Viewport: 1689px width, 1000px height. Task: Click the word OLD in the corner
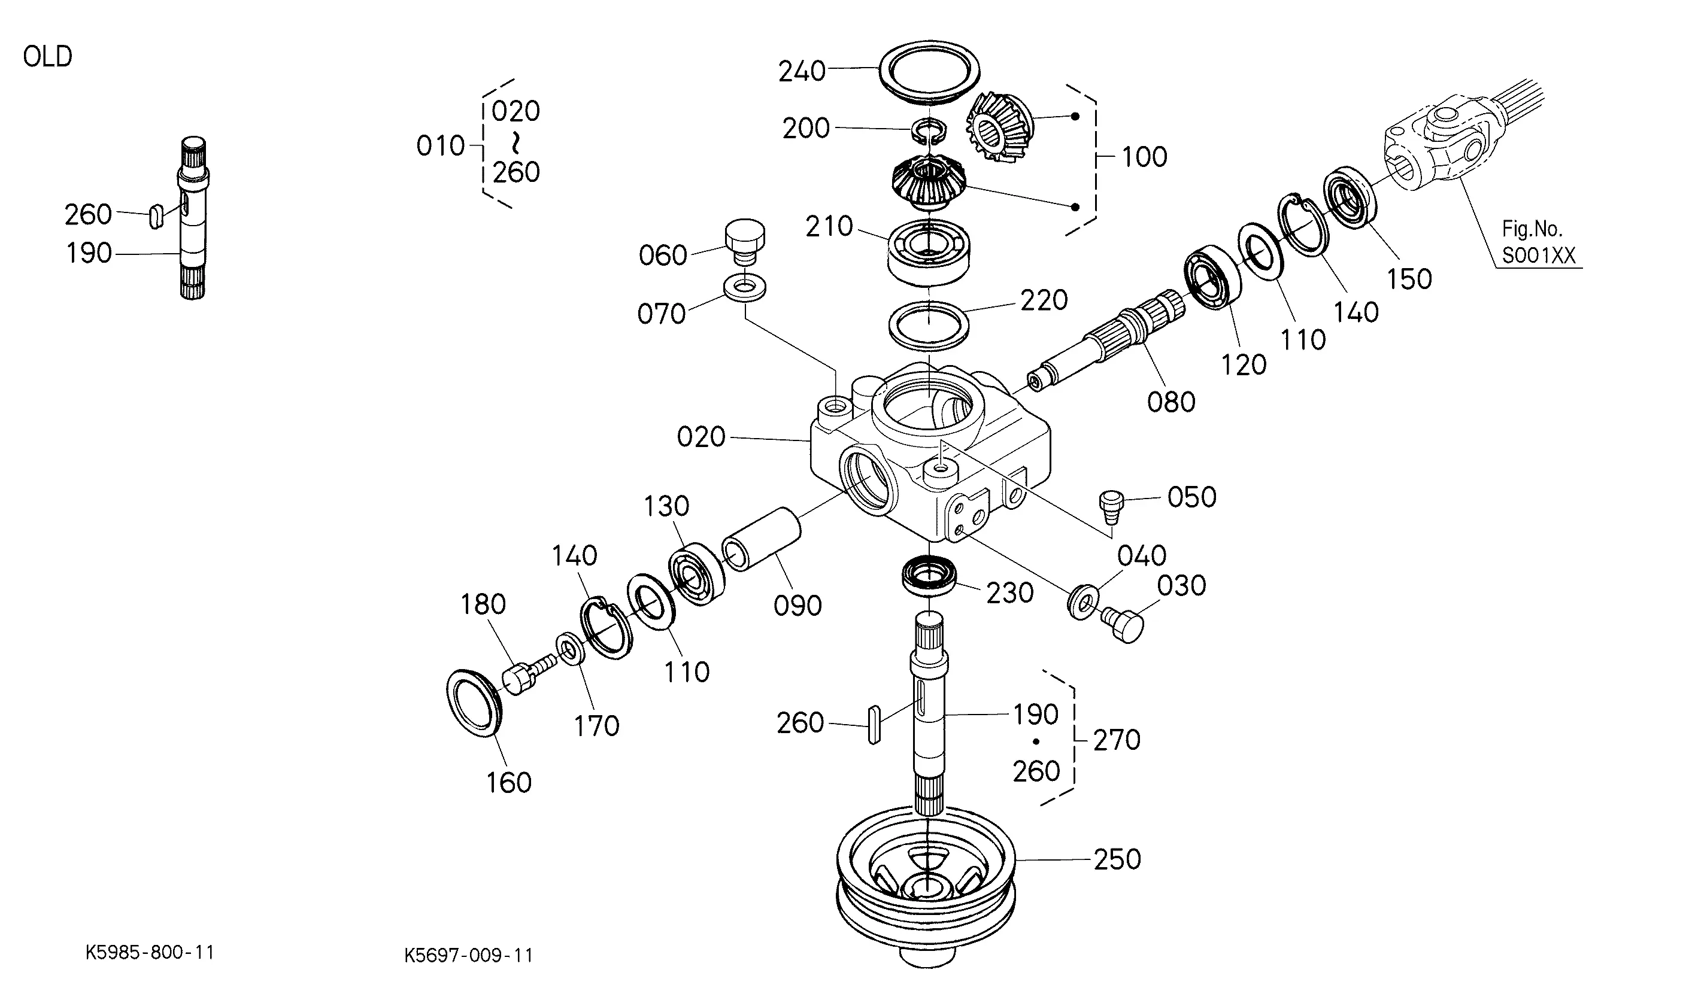(x=47, y=57)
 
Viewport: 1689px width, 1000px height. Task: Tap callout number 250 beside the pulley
(x=1117, y=860)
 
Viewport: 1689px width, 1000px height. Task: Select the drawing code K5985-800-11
(x=150, y=952)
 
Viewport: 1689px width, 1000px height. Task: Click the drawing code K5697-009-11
(x=468, y=955)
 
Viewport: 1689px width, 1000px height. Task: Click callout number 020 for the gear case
(x=701, y=437)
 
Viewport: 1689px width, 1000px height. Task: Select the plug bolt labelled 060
(x=745, y=242)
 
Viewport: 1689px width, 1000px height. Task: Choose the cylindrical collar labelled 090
(x=761, y=539)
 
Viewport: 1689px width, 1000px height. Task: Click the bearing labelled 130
(x=696, y=574)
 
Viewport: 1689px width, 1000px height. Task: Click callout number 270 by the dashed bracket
(x=1117, y=740)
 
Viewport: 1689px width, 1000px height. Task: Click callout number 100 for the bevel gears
(x=1144, y=157)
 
